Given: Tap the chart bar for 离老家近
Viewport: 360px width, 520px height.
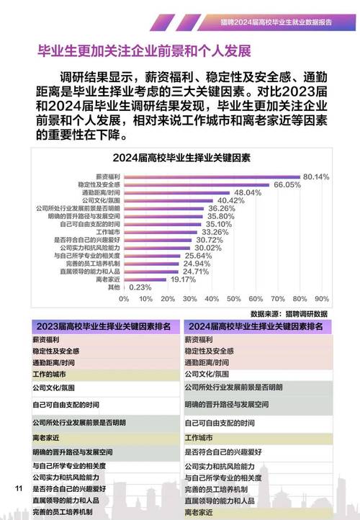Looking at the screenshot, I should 145,279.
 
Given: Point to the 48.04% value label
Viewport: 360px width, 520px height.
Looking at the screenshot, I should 248,192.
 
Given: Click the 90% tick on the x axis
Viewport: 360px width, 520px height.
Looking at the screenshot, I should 322,298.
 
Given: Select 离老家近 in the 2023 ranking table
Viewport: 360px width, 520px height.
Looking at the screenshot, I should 45,436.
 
